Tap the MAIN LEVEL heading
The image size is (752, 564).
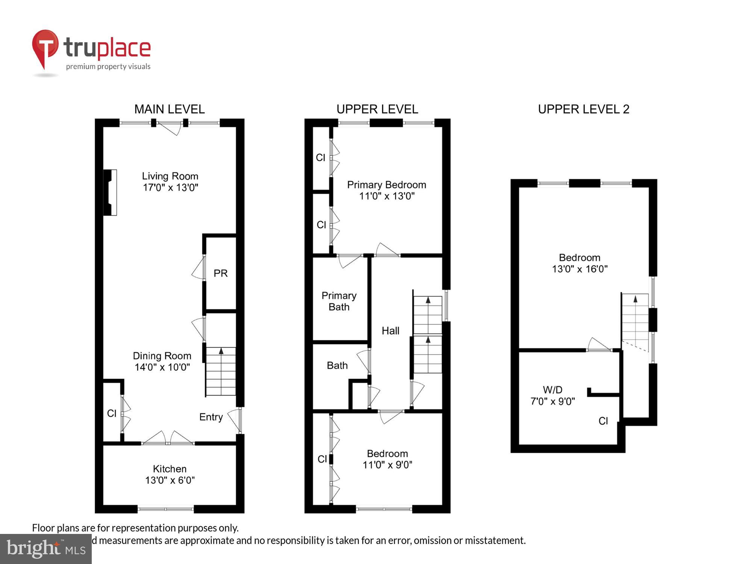point(170,109)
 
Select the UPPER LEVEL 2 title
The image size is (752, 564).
point(584,109)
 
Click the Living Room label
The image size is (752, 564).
point(170,176)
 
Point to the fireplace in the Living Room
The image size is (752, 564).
point(110,193)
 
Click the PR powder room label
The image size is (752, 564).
point(220,273)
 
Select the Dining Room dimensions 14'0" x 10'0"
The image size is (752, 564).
point(162,367)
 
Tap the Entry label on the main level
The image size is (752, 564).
point(211,417)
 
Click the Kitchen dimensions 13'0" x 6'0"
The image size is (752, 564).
point(170,480)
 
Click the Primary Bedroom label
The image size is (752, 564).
point(387,185)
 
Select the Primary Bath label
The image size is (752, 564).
point(339,301)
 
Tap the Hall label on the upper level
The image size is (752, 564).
point(390,331)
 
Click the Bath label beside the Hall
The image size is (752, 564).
point(337,365)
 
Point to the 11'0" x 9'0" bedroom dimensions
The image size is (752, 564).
point(387,465)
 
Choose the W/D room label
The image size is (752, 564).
point(552,390)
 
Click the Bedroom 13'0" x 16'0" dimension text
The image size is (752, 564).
point(579,269)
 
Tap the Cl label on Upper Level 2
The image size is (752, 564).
point(603,421)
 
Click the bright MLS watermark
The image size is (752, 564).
point(46,549)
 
